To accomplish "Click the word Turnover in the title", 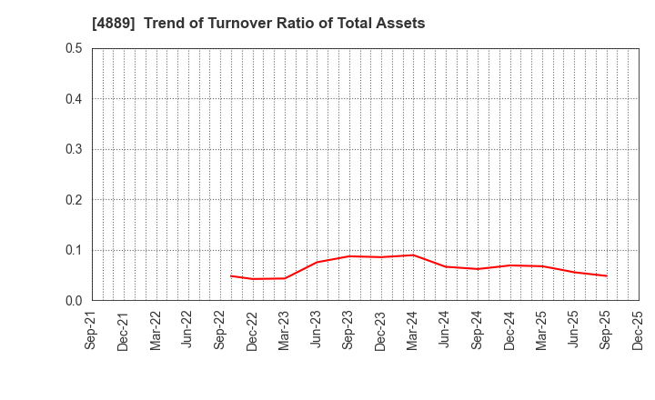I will pos(238,24).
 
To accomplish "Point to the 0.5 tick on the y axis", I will pos(73,48).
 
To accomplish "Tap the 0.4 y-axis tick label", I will pos(73,99).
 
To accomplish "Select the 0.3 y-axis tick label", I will pos(73,149).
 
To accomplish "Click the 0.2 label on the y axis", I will pos(73,200).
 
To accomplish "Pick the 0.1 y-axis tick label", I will pos(73,250).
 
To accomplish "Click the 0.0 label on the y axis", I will pos(73,301).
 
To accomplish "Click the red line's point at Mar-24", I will pos(413,255).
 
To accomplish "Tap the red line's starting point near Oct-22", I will pos(230,275).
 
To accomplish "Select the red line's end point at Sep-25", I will pos(606,275).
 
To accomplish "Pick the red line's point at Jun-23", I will pos(317,262).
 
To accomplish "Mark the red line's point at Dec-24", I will pos(509,265).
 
